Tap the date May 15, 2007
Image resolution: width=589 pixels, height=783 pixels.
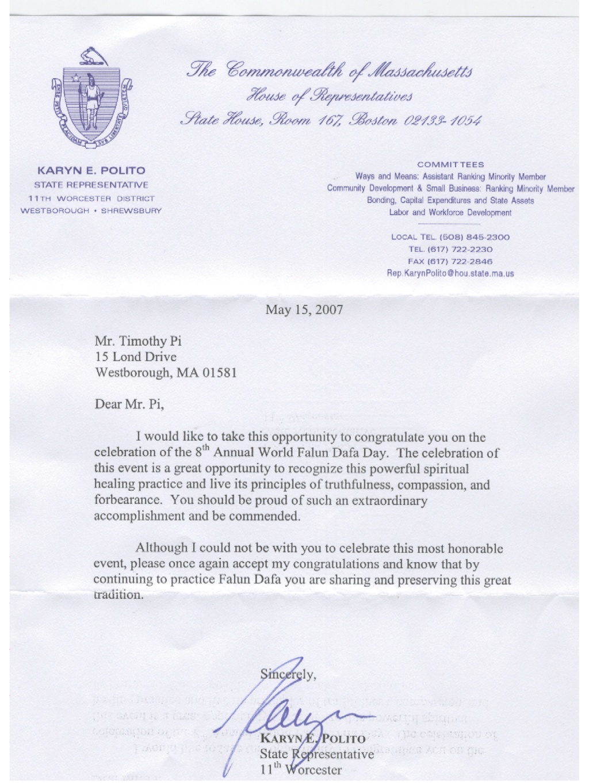(304, 310)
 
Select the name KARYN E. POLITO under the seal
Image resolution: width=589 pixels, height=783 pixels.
(91, 170)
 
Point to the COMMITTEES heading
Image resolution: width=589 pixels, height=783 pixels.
(450, 165)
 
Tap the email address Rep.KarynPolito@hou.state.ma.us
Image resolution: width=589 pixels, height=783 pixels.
(450, 273)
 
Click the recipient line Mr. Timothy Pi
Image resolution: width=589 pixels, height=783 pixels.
(138, 341)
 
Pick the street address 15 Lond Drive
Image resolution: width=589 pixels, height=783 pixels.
(136, 357)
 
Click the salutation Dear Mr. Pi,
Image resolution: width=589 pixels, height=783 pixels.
(129, 404)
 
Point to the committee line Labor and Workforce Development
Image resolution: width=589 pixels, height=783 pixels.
(450, 213)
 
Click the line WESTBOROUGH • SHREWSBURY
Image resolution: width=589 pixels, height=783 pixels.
(91, 211)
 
